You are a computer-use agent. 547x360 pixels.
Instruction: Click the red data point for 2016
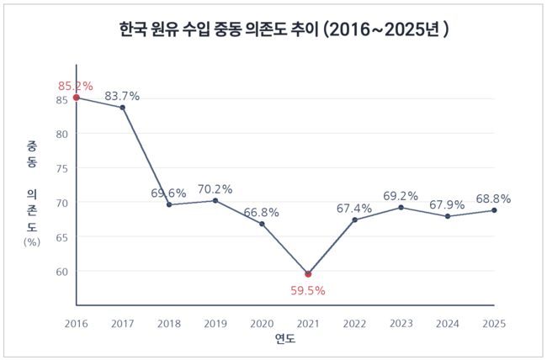(x=77, y=98)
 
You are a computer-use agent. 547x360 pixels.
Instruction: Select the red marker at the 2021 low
(x=308, y=274)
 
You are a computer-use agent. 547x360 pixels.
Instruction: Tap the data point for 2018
(x=169, y=204)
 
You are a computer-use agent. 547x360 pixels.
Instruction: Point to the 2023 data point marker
(x=401, y=207)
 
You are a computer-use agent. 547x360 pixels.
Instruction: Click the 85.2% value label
(x=75, y=86)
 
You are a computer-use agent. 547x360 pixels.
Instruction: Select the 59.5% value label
(x=308, y=291)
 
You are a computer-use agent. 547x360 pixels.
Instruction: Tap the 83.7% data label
(x=123, y=96)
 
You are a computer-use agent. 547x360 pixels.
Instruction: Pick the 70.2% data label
(x=215, y=189)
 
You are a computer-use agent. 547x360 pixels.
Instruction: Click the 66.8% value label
(x=262, y=213)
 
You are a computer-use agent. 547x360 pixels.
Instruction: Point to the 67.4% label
(x=354, y=208)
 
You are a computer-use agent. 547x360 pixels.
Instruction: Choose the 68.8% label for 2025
(x=493, y=199)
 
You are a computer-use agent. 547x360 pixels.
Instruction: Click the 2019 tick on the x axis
(x=215, y=322)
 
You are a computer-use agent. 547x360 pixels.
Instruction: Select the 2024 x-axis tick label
(x=447, y=322)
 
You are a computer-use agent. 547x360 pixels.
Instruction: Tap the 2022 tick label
(x=354, y=322)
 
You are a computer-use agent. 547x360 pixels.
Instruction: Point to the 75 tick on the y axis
(x=61, y=168)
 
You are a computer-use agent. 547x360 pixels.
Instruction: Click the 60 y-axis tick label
(x=61, y=272)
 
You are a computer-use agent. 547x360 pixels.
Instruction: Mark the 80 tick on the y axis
(x=61, y=134)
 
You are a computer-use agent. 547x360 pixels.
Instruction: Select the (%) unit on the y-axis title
(x=32, y=242)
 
